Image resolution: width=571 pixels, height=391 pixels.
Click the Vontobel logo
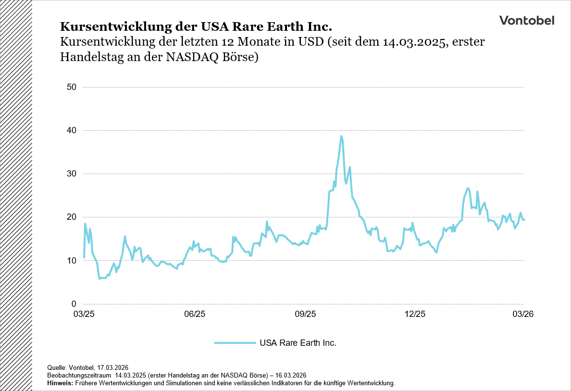coord(526,20)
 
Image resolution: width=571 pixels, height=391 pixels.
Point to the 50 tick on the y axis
coord(72,87)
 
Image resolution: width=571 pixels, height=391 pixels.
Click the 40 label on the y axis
coord(72,130)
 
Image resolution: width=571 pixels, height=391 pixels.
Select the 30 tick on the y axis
coord(72,174)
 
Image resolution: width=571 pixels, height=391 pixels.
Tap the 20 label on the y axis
coord(72,217)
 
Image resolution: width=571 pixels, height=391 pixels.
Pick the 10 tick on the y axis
coord(72,261)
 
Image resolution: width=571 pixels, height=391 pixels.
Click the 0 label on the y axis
coord(74,304)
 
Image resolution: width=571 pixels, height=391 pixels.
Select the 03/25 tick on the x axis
coord(84,314)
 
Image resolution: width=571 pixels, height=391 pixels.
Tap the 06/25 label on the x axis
coord(195,314)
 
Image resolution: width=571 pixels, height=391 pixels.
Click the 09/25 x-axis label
coord(305,314)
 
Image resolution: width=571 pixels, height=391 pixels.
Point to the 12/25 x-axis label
coord(415,314)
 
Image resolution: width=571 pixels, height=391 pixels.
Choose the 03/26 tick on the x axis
coord(523,314)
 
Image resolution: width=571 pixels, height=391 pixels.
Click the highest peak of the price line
coord(341,136)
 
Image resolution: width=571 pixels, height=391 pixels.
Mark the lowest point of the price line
coord(99,278)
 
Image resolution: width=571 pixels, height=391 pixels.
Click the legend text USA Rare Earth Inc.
coord(298,343)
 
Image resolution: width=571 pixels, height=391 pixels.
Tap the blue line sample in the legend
coord(235,343)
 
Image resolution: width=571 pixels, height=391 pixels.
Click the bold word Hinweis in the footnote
coord(60,383)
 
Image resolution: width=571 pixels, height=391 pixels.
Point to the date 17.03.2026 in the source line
coord(110,367)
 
